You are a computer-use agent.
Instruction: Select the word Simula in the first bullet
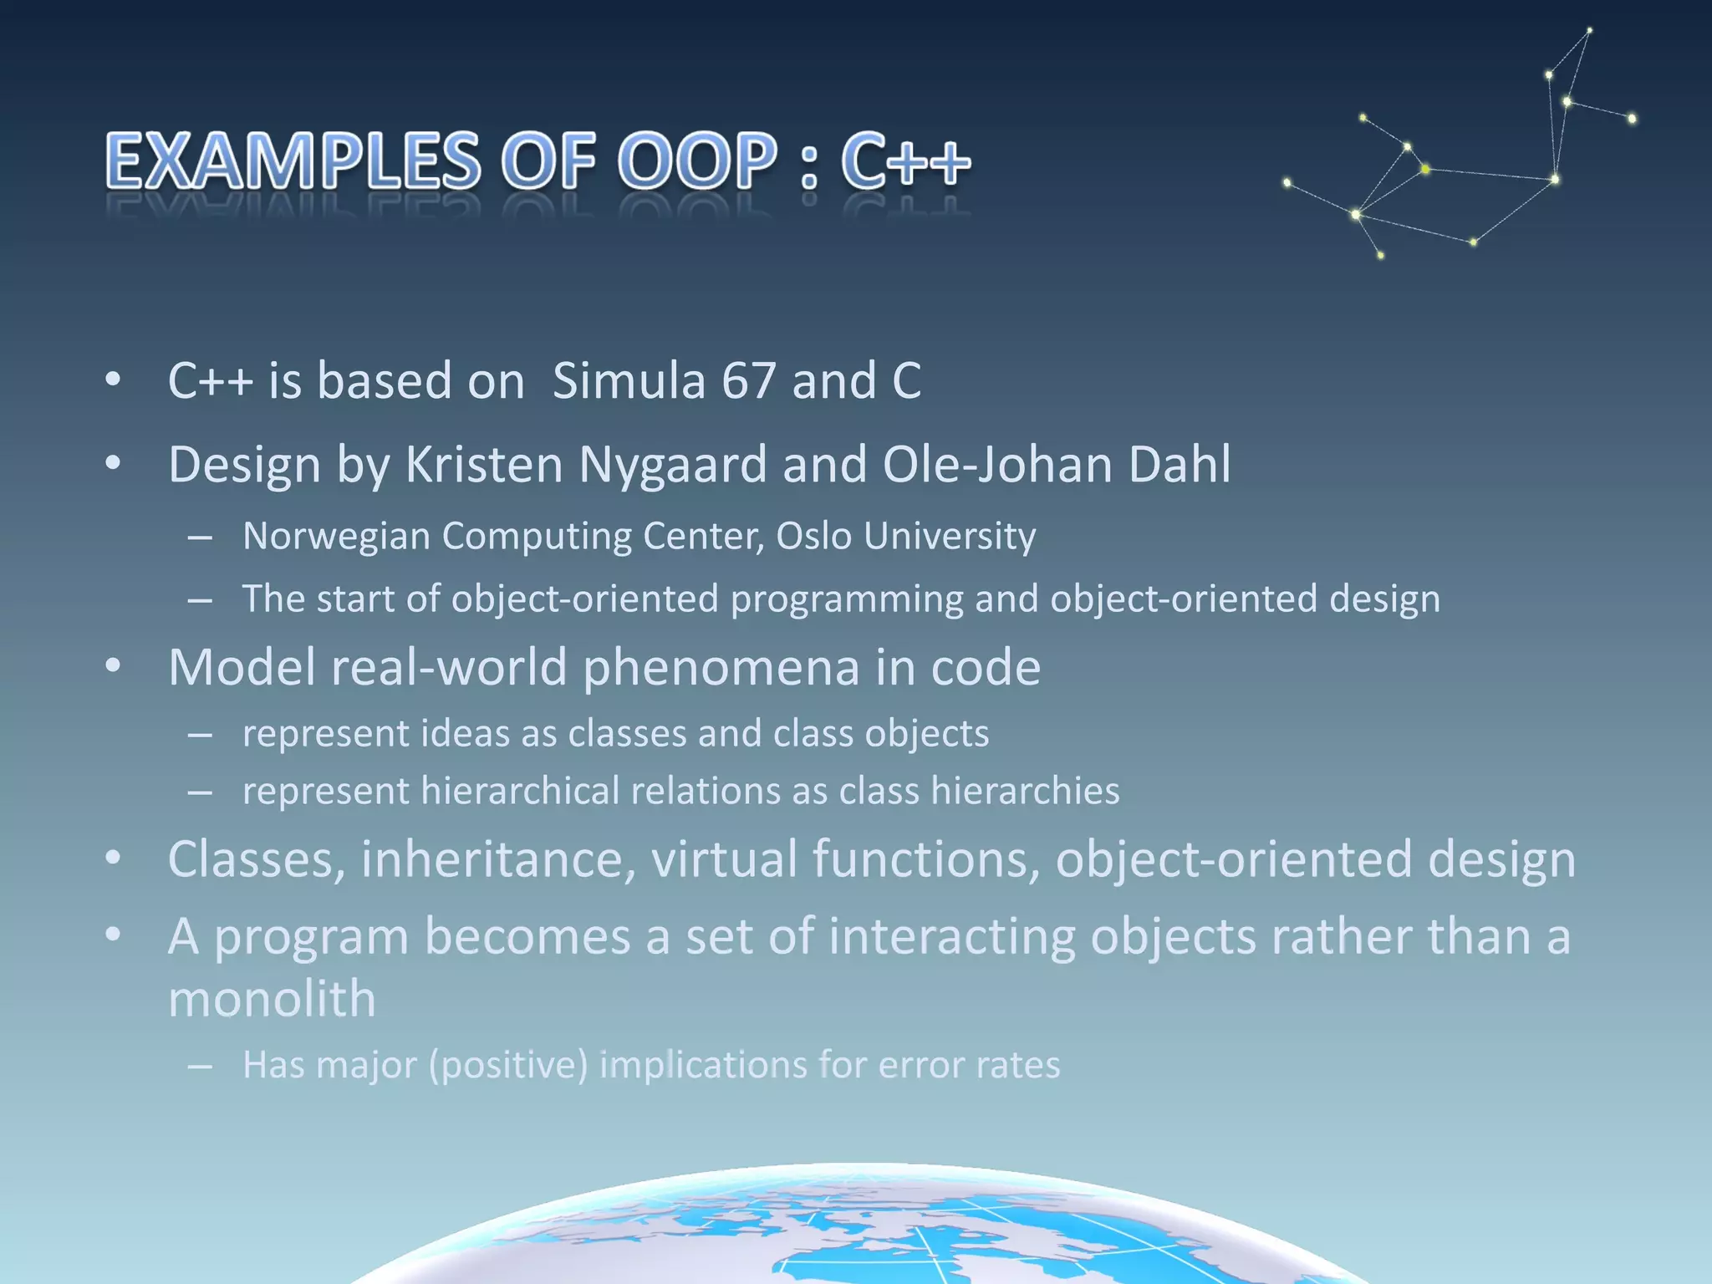[629, 381]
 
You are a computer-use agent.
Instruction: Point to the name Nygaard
[672, 465]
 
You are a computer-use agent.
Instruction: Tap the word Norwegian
[336, 536]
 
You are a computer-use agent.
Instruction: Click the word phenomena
[721, 667]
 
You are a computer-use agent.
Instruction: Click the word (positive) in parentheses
[508, 1065]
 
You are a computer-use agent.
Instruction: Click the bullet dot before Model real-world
[114, 667]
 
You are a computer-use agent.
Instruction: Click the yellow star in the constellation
[1425, 170]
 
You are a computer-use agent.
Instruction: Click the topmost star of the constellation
[1589, 31]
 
